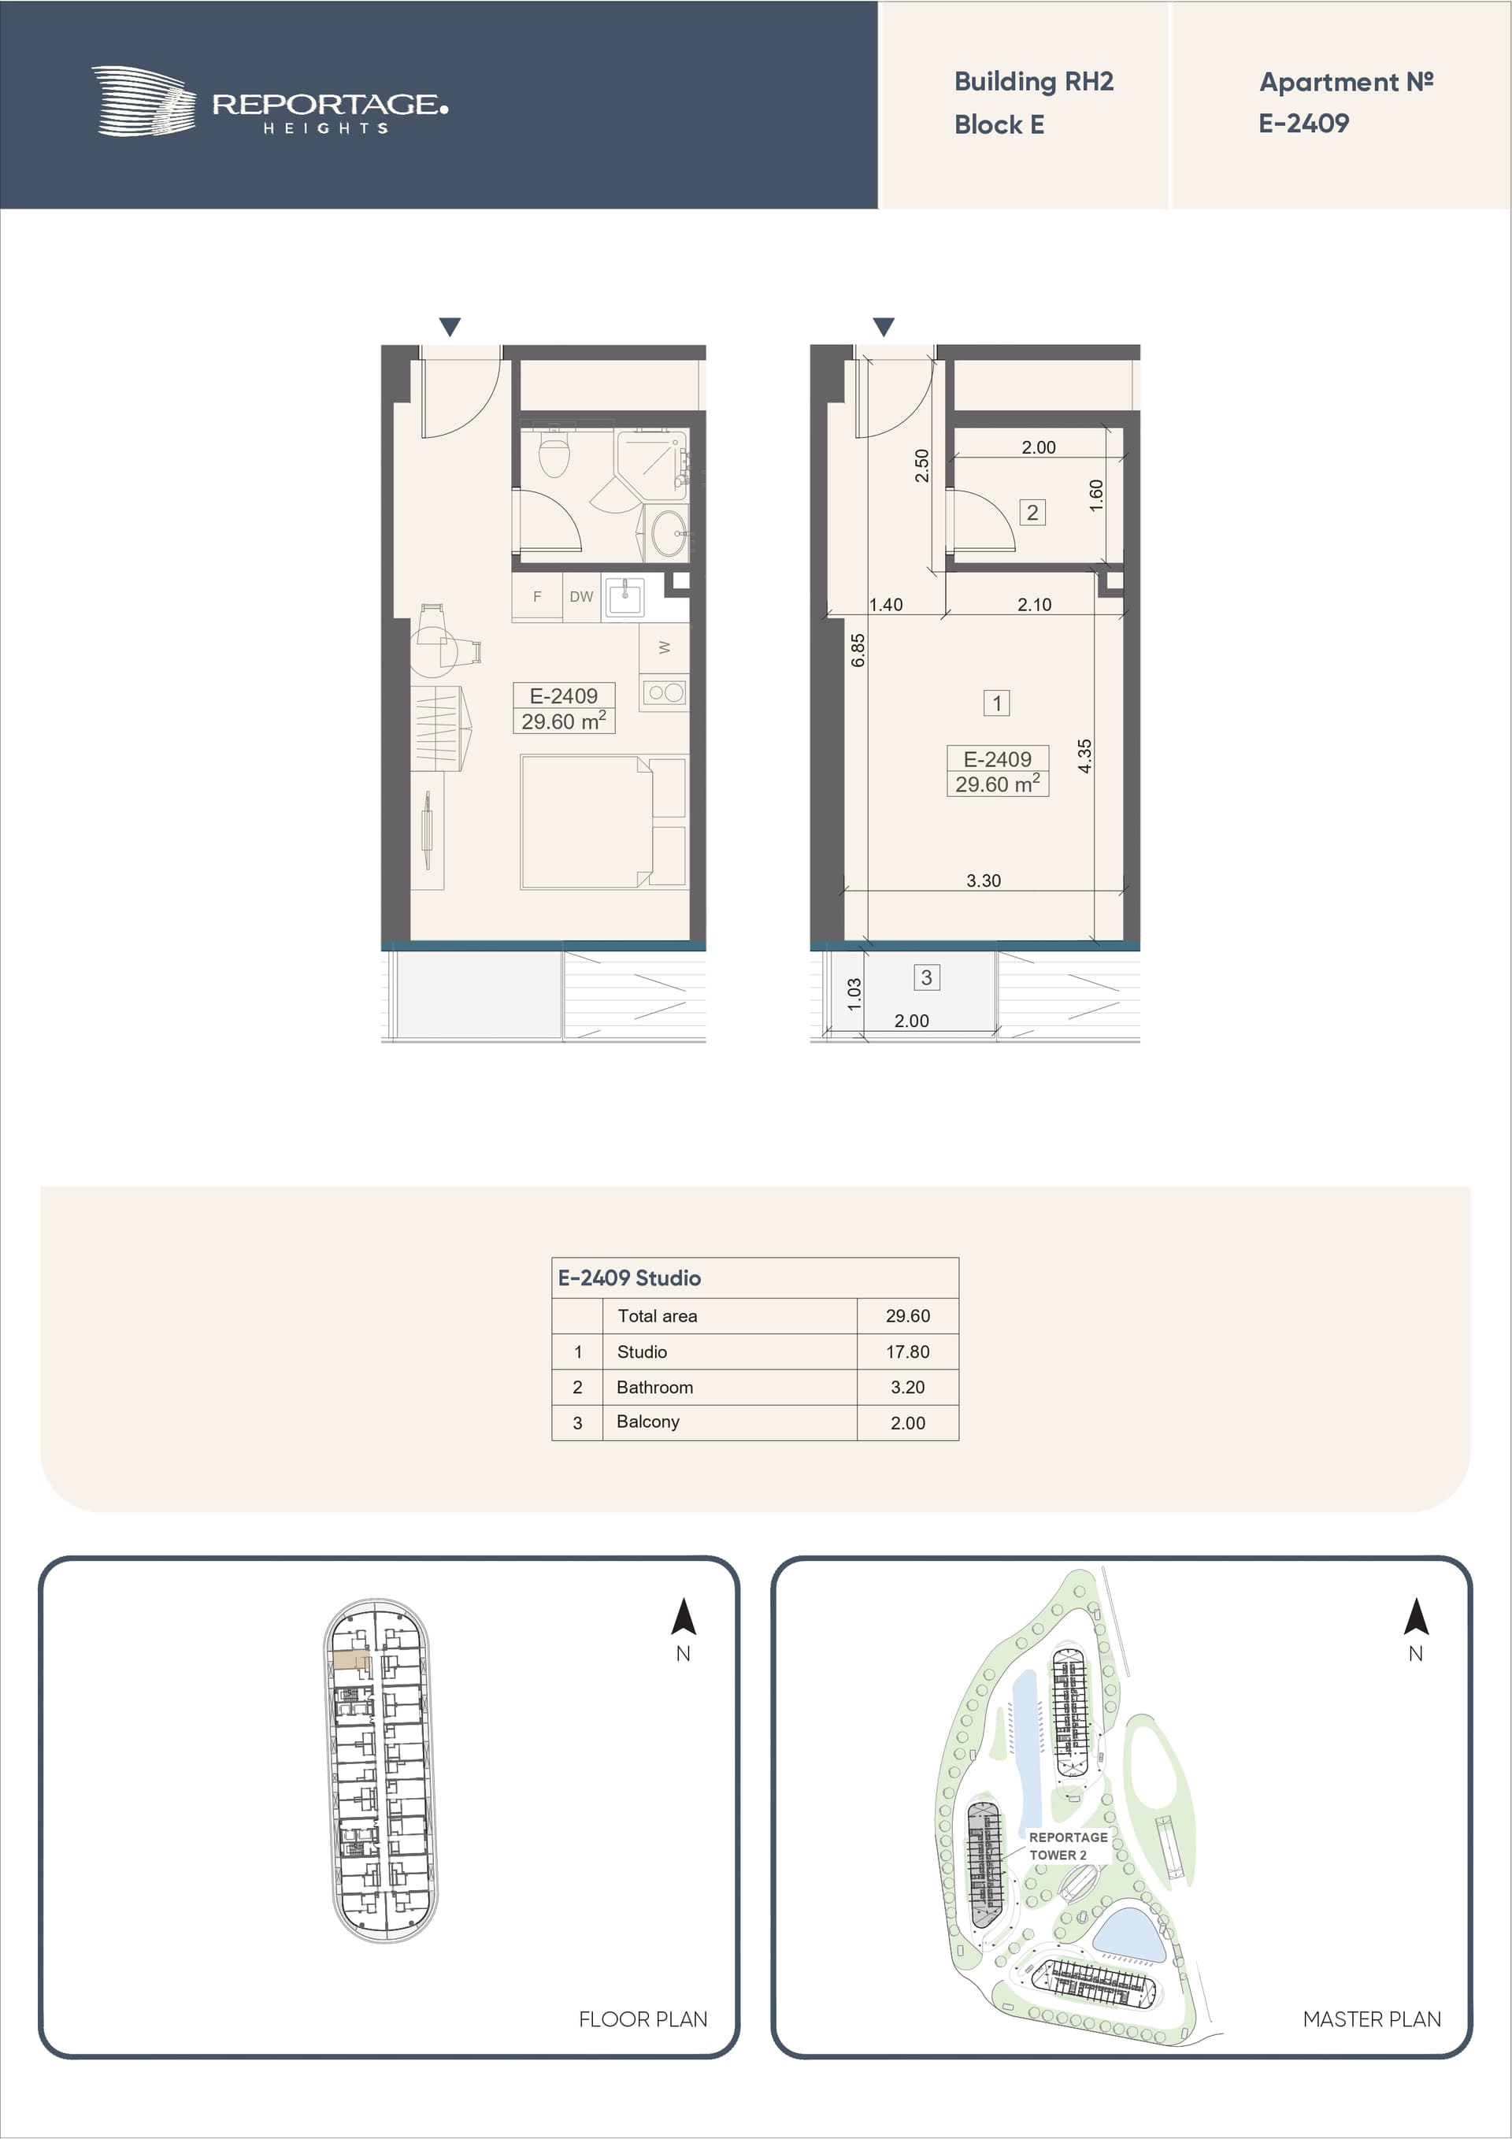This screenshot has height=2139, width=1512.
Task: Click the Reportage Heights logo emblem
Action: [143, 101]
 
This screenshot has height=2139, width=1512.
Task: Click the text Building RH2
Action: [1033, 82]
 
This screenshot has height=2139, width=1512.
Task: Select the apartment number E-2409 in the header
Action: [1303, 123]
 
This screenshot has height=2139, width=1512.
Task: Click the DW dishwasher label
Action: [581, 597]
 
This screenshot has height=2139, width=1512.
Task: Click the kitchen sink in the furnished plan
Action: [625, 596]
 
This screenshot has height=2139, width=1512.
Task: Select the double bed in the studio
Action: [602, 821]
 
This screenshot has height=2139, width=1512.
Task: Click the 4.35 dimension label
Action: [1084, 755]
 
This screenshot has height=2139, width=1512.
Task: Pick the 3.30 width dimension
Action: [983, 880]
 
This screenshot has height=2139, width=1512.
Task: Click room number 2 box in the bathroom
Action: [1032, 513]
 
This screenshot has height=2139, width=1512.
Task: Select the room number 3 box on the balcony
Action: [926, 977]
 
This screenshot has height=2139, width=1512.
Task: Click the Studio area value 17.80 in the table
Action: [907, 1351]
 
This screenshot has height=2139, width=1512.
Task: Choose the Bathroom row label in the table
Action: [655, 1387]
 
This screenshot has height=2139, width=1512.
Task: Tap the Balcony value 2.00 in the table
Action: [907, 1422]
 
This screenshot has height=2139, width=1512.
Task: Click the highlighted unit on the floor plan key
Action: [351, 1659]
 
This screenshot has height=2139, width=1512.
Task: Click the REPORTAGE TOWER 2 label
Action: [1068, 1845]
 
